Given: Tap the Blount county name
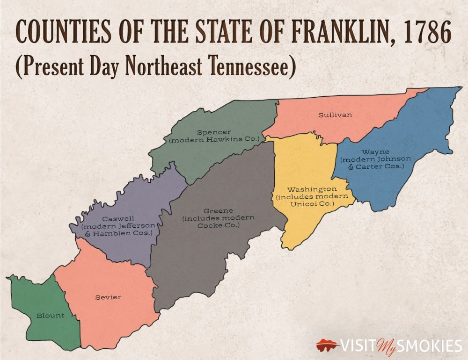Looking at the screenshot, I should [51, 315].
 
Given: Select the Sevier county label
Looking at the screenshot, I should [108, 297].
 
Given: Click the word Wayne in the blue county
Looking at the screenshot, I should [375, 152].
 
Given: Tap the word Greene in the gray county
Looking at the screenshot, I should [218, 210].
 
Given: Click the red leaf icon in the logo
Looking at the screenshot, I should [327, 346].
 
